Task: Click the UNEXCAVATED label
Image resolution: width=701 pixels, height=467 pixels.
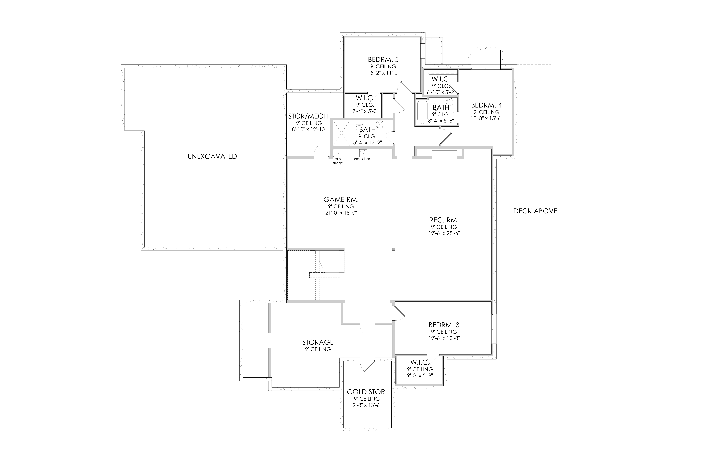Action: click(212, 156)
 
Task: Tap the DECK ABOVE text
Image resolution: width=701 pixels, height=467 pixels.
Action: click(535, 211)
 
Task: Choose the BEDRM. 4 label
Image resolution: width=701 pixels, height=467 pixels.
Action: click(486, 105)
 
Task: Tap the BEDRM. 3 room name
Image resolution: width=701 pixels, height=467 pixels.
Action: click(444, 325)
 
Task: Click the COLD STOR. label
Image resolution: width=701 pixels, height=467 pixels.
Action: click(367, 392)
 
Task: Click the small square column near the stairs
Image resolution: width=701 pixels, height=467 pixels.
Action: click(393, 249)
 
